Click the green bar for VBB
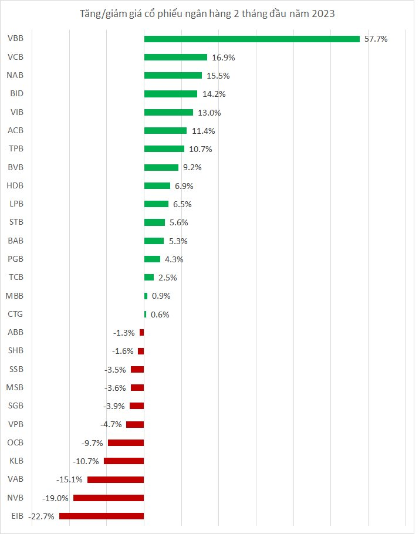(x=252, y=39)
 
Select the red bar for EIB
(x=102, y=516)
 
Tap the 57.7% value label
(x=376, y=39)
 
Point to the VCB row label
(x=16, y=58)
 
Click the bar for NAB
(x=173, y=76)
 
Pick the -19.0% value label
(x=56, y=498)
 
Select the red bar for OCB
(x=126, y=442)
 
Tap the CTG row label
(x=15, y=315)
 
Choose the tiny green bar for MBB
(x=146, y=296)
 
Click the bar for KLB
(x=124, y=461)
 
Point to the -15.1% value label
(x=69, y=479)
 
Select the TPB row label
(x=16, y=149)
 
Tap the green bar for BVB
(x=161, y=167)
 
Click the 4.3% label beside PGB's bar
(x=174, y=259)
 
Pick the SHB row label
(x=16, y=351)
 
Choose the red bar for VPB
(x=135, y=424)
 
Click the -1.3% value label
(x=124, y=333)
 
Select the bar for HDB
(x=157, y=185)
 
